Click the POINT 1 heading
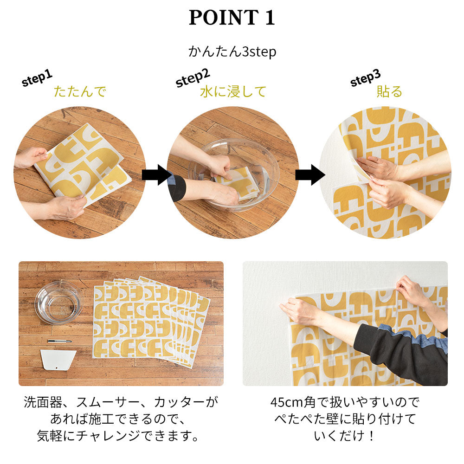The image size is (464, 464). coord(232,18)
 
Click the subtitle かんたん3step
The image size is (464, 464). coord(232,51)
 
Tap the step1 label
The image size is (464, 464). coord(37,78)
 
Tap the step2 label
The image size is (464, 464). coord(193,77)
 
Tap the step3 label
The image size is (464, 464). coord(365,77)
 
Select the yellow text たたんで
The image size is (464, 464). coord(80,91)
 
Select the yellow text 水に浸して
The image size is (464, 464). coord(233,91)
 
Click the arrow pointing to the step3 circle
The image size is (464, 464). coord(309,174)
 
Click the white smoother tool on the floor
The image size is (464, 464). coord(58,360)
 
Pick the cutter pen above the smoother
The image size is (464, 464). coord(59,341)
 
